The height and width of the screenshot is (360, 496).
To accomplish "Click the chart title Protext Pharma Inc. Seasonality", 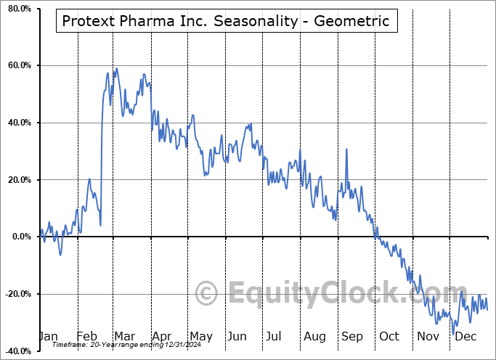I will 225,22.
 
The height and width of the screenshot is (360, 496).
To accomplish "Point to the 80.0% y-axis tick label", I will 18,9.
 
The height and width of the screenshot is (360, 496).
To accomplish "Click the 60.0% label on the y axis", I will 18,66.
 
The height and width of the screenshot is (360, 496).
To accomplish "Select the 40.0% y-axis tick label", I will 18,123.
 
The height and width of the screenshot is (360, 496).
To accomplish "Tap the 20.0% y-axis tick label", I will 18,180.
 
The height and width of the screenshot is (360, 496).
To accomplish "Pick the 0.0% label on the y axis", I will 20,237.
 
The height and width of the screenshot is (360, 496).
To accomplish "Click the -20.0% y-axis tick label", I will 17,294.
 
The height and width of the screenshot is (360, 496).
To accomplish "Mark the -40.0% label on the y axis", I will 17,351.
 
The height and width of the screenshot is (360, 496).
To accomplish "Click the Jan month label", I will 47,337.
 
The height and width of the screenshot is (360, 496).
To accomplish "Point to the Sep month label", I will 351,337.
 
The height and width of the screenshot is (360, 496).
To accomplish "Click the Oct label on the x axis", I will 389,337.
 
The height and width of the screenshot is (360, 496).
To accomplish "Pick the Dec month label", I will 466,337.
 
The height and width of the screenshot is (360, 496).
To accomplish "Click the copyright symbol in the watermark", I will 207,294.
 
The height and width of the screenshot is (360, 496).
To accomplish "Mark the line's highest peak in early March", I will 117,68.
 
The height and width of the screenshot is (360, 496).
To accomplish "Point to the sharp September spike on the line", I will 346,150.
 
